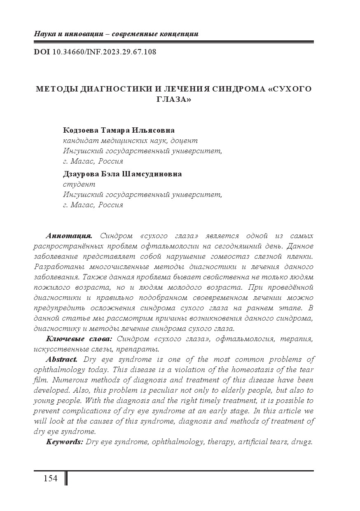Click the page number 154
pos(50,478)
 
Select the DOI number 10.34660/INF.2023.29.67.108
pos(105,52)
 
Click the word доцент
pos(181,141)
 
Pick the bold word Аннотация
pos(69,236)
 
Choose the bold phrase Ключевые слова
pos(79,339)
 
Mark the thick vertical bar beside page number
pos(66,478)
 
